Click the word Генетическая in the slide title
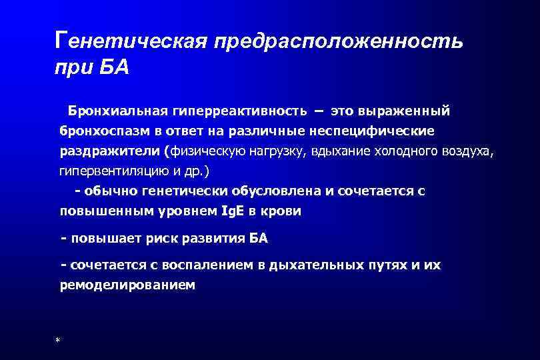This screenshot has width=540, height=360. pos(131,41)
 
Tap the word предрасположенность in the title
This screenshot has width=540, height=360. pos(337,41)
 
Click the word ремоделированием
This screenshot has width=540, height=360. pos(127,285)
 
